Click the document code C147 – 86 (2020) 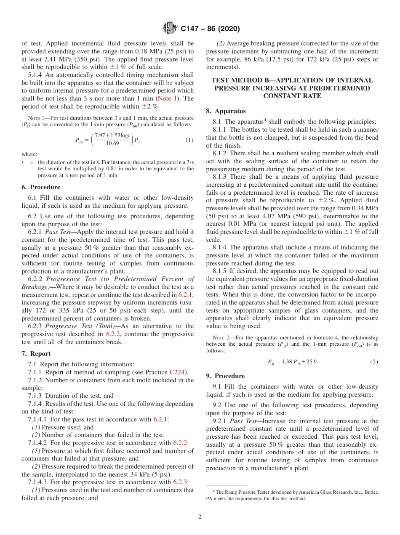click(210, 29)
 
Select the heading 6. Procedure click(40, 187)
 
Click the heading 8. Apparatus click(226, 111)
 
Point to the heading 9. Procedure click(225, 376)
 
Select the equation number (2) click(373, 361)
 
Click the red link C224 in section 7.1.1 click(177, 372)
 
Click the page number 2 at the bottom click(200, 517)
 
